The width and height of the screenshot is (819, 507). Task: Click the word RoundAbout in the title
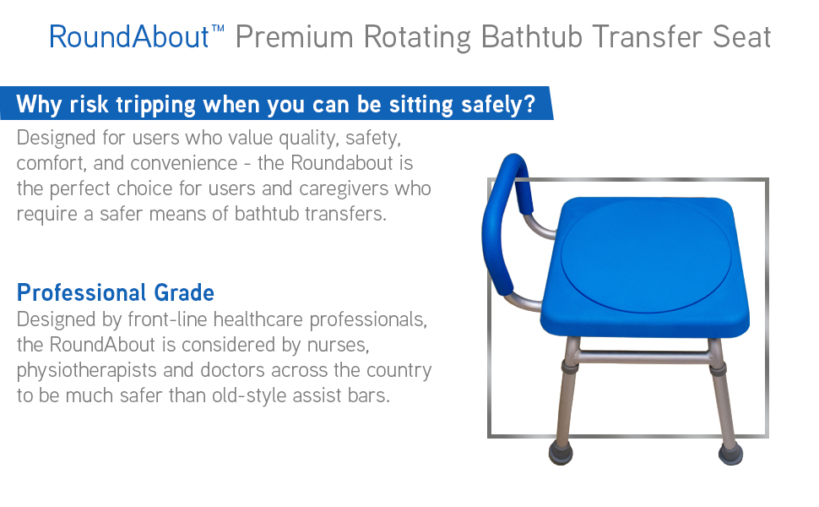129,37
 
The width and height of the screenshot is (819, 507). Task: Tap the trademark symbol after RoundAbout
218,28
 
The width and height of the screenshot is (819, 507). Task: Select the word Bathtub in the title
531,37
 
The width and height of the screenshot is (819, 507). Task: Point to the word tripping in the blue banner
155,105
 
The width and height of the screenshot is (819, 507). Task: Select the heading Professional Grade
116,292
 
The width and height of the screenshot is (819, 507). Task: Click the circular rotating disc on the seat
646,255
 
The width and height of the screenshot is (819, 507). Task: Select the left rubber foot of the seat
561,453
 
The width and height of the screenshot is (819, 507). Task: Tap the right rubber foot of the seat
730,454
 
